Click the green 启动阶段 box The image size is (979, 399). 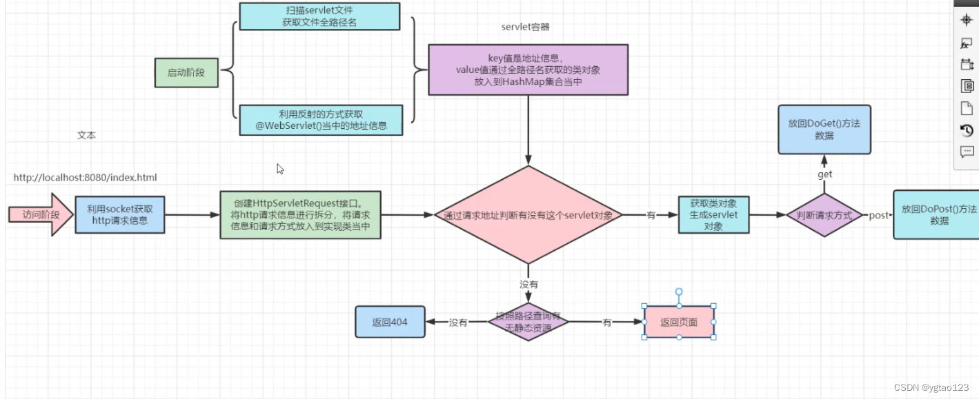point(186,72)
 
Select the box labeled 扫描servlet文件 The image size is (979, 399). point(319,17)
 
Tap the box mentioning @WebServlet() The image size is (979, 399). point(320,120)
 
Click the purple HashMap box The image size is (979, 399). point(528,70)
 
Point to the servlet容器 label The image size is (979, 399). point(525,28)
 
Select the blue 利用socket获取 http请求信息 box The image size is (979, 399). point(120,214)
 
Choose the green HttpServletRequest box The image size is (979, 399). point(300,215)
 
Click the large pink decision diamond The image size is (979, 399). point(528,215)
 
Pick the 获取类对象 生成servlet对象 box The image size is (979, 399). point(713,214)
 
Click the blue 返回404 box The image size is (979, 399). point(390,322)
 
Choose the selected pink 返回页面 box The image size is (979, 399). point(679,322)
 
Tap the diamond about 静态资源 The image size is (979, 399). point(528,322)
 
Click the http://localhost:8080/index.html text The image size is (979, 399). point(86,178)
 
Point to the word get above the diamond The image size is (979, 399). point(825,175)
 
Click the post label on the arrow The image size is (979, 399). point(878,216)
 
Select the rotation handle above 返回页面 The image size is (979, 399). point(679,292)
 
